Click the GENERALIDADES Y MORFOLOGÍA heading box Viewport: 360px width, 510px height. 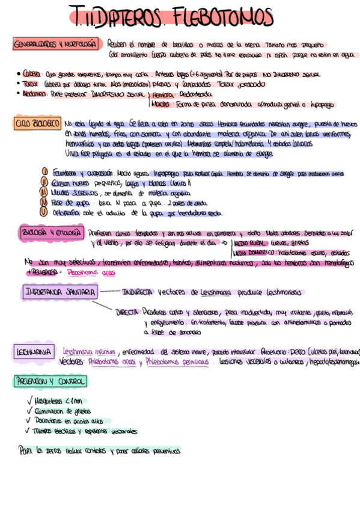55,46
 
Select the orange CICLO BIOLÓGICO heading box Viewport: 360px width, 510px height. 36,124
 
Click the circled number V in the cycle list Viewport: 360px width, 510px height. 44,212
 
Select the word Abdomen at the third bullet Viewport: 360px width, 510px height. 35,94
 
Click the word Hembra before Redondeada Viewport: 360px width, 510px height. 160,94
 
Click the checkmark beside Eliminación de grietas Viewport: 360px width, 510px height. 29,411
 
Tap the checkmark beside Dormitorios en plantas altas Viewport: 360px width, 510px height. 29,421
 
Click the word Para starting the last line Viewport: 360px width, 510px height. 25,450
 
